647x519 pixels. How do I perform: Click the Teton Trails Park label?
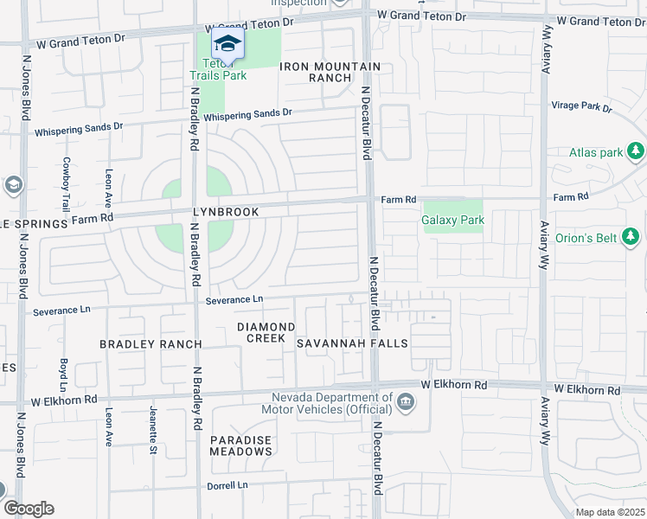pyautogui.click(x=218, y=69)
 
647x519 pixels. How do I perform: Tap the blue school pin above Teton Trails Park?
pyautogui.click(x=227, y=44)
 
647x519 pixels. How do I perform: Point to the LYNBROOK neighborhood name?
pyautogui.click(x=227, y=212)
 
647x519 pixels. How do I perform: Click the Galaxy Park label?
pyautogui.click(x=452, y=220)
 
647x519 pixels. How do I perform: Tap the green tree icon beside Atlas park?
pyautogui.click(x=636, y=152)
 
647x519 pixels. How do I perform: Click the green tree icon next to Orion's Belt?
pyautogui.click(x=631, y=235)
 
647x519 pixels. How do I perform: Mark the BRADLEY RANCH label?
pyautogui.click(x=151, y=344)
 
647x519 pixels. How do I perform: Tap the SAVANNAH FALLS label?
pyautogui.click(x=351, y=344)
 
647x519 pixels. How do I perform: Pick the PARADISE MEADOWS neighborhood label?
pyautogui.click(x=241, y=446)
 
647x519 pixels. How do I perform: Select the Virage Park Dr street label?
pyautogui.click(x=581, y=107)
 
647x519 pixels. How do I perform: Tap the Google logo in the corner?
pyautogui.click(x=29, y=509)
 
